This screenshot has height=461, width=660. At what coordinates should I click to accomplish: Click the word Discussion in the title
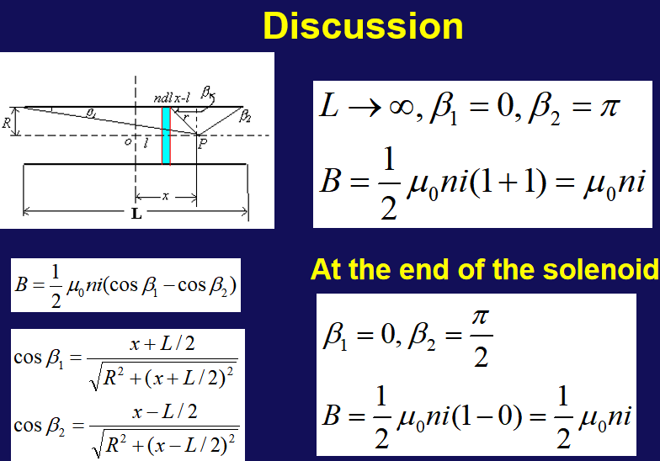(x=364, y=26)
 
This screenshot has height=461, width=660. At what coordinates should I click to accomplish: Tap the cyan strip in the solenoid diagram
(x=167, y=135)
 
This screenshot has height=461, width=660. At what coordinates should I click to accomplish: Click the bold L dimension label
(x=136, y=214)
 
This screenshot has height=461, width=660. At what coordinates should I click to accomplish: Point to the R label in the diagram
(x=7, y=123)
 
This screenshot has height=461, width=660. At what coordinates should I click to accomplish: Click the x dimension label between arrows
(x=165, y=195)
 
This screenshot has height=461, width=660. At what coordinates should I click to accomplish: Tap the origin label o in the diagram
(x=128, y=141)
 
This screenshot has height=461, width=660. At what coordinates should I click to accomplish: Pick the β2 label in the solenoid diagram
(x=245, y=116)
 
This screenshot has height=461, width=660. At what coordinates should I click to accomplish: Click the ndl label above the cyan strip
(x=163, y=98)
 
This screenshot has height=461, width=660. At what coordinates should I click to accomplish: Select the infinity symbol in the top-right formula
(x=401, y=108)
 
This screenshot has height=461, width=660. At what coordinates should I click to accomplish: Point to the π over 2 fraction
(x=482, y=337)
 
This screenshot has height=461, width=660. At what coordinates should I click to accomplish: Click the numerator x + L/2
(x=162, y=344)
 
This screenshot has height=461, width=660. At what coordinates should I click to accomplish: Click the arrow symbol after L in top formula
(x=365, y=108)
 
